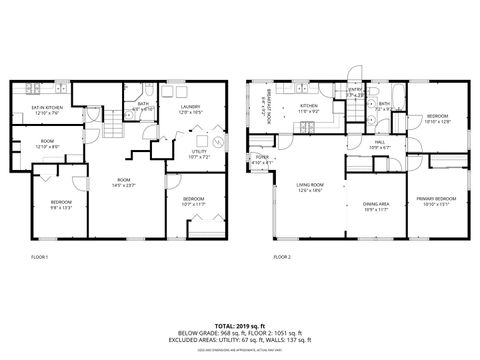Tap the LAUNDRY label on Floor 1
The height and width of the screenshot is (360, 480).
[x=190, y=108]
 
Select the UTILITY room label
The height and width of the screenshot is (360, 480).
[x=199, y=154]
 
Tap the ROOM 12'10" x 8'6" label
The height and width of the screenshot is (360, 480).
[x=48, y=145]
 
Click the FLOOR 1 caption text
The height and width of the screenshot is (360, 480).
[x=39, y=257]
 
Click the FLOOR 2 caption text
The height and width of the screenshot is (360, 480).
[x=282, y=257]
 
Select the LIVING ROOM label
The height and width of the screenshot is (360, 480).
[x=309, y=186]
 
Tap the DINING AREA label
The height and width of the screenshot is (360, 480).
[x=376, y=206]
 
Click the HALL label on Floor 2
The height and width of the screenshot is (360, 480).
[x=380, y=144]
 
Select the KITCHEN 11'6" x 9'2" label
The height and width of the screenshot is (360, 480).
[x=309, y=108]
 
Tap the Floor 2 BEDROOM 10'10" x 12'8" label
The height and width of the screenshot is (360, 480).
[x=437, y=119]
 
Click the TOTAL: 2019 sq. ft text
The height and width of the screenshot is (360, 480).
[x=239, y=325]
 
